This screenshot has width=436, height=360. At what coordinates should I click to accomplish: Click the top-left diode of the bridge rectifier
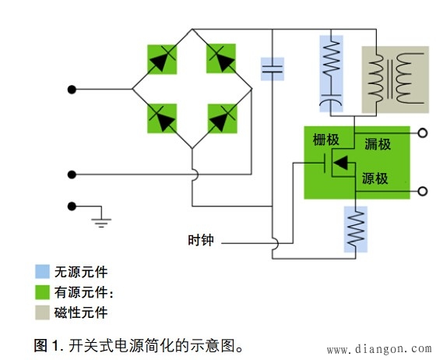point(162,59)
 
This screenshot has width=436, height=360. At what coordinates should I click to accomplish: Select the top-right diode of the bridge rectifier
point(222,59)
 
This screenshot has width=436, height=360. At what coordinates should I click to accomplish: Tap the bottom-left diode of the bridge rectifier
point(162,118)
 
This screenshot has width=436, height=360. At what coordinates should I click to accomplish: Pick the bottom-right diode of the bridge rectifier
point(222,118)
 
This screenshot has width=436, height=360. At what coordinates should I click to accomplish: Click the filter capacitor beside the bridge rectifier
point(272,69)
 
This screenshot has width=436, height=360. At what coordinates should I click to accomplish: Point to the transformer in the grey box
point(395,76)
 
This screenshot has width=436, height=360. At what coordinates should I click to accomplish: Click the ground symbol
point(99,220)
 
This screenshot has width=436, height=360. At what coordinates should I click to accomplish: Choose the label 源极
point(375,179)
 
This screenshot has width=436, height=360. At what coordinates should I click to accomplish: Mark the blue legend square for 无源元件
point(42,273)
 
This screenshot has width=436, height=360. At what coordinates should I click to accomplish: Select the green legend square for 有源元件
point(42,293)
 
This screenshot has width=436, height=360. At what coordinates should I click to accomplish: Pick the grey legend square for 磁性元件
point(42,313)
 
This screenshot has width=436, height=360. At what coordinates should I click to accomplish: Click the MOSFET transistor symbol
point(335,164)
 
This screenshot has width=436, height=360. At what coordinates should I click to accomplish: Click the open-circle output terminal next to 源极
point(423,191)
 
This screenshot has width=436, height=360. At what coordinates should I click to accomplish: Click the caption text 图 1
point(48,344)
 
